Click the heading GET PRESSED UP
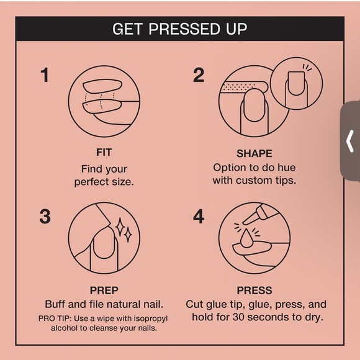[x=179, y=29]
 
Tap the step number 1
[x=45, y=76]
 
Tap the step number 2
[x=198, y=76]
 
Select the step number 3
[x=45, y=217]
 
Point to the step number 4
[x=199, y=217]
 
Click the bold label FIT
[x=104, y=152]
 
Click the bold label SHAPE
[x=254, y=153]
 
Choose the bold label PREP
[x=104, y=290]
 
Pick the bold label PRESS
[x=254, y=290]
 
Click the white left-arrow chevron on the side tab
[x=350, y=141]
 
